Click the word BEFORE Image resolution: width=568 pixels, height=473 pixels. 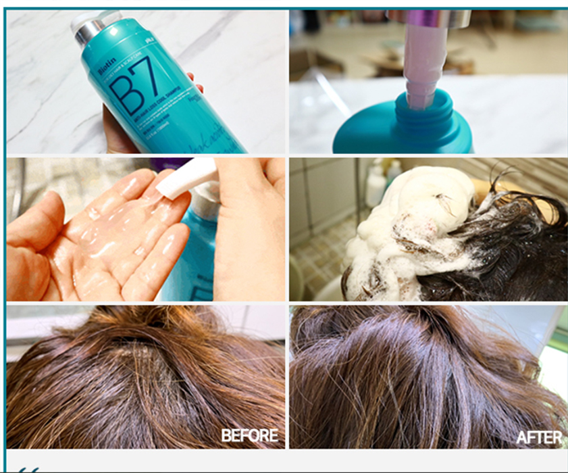(249, 436)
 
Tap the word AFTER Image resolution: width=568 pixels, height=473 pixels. (538, 437)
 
